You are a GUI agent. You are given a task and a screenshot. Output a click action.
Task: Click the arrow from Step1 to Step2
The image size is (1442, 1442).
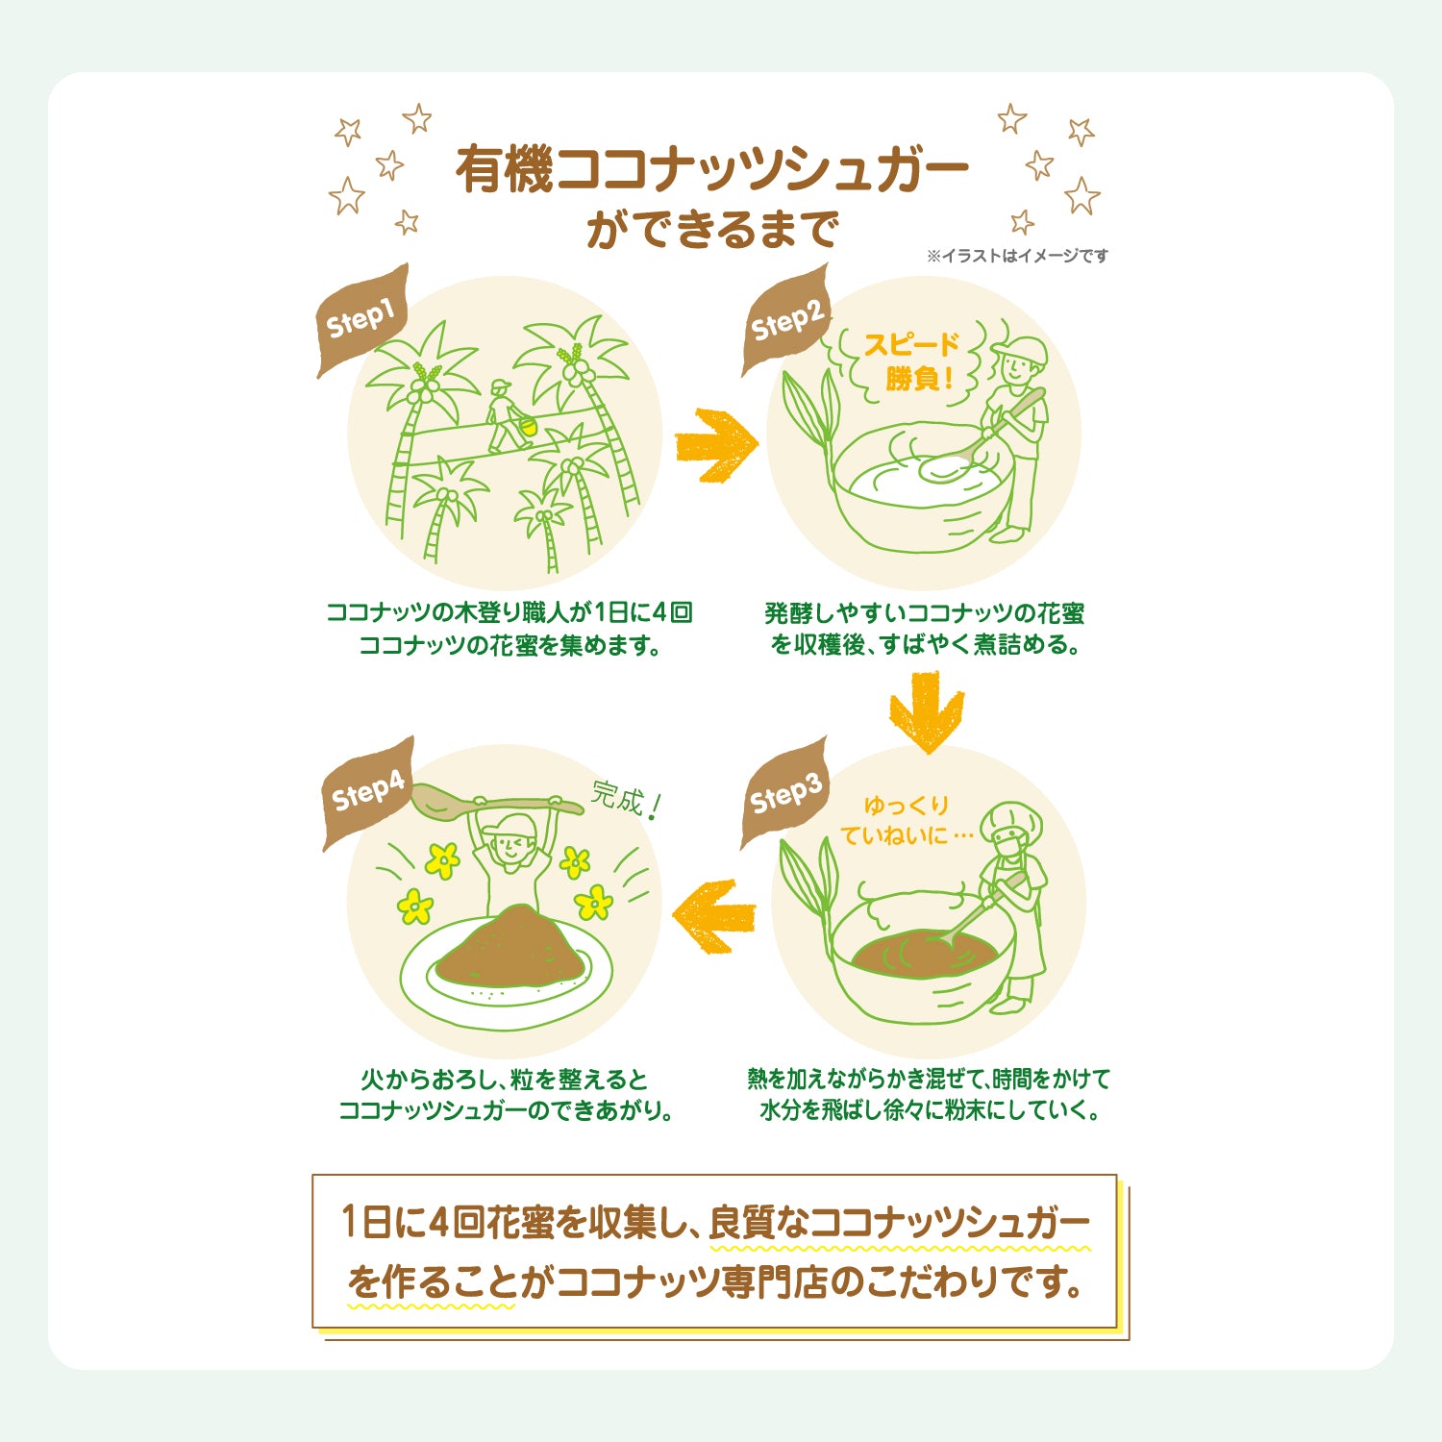[x=716, y=445]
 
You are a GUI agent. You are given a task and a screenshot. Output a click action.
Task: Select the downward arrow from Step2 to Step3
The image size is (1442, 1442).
[x=926, y=711]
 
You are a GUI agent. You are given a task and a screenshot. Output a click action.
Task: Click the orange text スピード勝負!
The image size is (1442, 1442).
[x=911, y=361]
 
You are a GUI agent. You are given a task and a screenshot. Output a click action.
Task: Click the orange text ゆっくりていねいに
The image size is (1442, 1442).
[x=906, y=820]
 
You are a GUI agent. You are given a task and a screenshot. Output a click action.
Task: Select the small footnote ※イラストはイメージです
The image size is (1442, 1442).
[x=1017, y=256]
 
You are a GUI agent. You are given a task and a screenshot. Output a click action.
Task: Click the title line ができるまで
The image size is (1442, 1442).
[x=712, y=230]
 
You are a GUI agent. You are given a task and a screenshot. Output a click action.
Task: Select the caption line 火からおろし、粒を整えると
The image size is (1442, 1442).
[x=505, y=1080]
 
